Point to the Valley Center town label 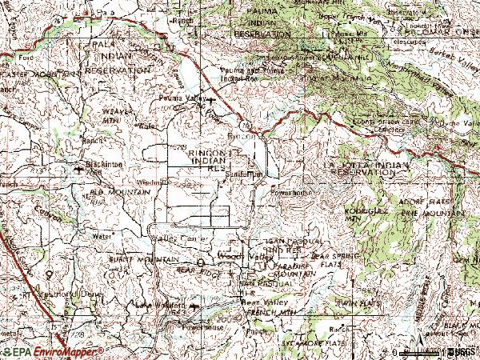pos(181,239)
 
